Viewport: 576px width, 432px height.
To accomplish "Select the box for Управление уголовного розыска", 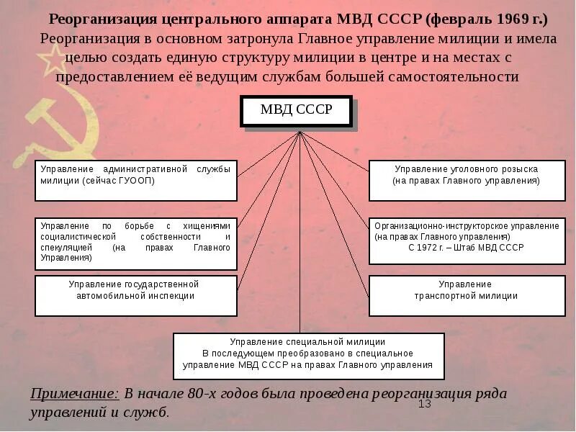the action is [466, 180].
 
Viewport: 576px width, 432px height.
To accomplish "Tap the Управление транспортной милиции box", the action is [466, 295].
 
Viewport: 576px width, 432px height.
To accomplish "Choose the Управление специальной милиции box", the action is [308, 356].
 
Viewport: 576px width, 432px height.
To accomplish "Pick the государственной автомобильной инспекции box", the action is [135, 295].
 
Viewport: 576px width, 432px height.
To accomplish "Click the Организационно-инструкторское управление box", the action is [466, 240].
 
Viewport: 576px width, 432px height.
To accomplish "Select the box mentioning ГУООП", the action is [135, 180].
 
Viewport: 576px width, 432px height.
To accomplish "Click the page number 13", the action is [425, 405].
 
